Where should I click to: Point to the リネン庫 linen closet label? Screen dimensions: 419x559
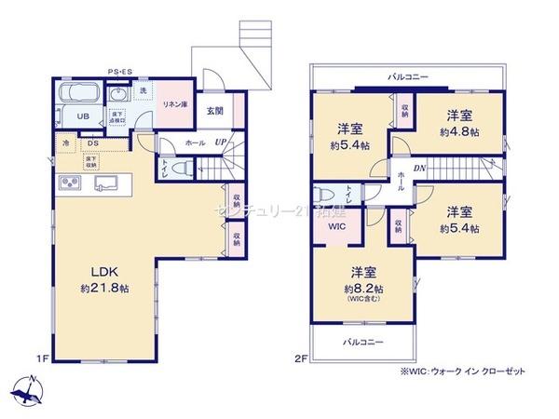coord(173,105)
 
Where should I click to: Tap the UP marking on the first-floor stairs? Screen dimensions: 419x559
coord(220,143)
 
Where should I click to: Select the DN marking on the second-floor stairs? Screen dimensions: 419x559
coord(420,169)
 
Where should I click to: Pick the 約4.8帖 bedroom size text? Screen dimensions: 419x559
coord(461,133)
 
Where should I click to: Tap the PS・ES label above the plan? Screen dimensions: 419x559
coord(119,72)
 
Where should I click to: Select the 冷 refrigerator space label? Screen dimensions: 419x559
coord(66,144)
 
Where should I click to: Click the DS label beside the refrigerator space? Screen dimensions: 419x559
coord(92,143)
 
